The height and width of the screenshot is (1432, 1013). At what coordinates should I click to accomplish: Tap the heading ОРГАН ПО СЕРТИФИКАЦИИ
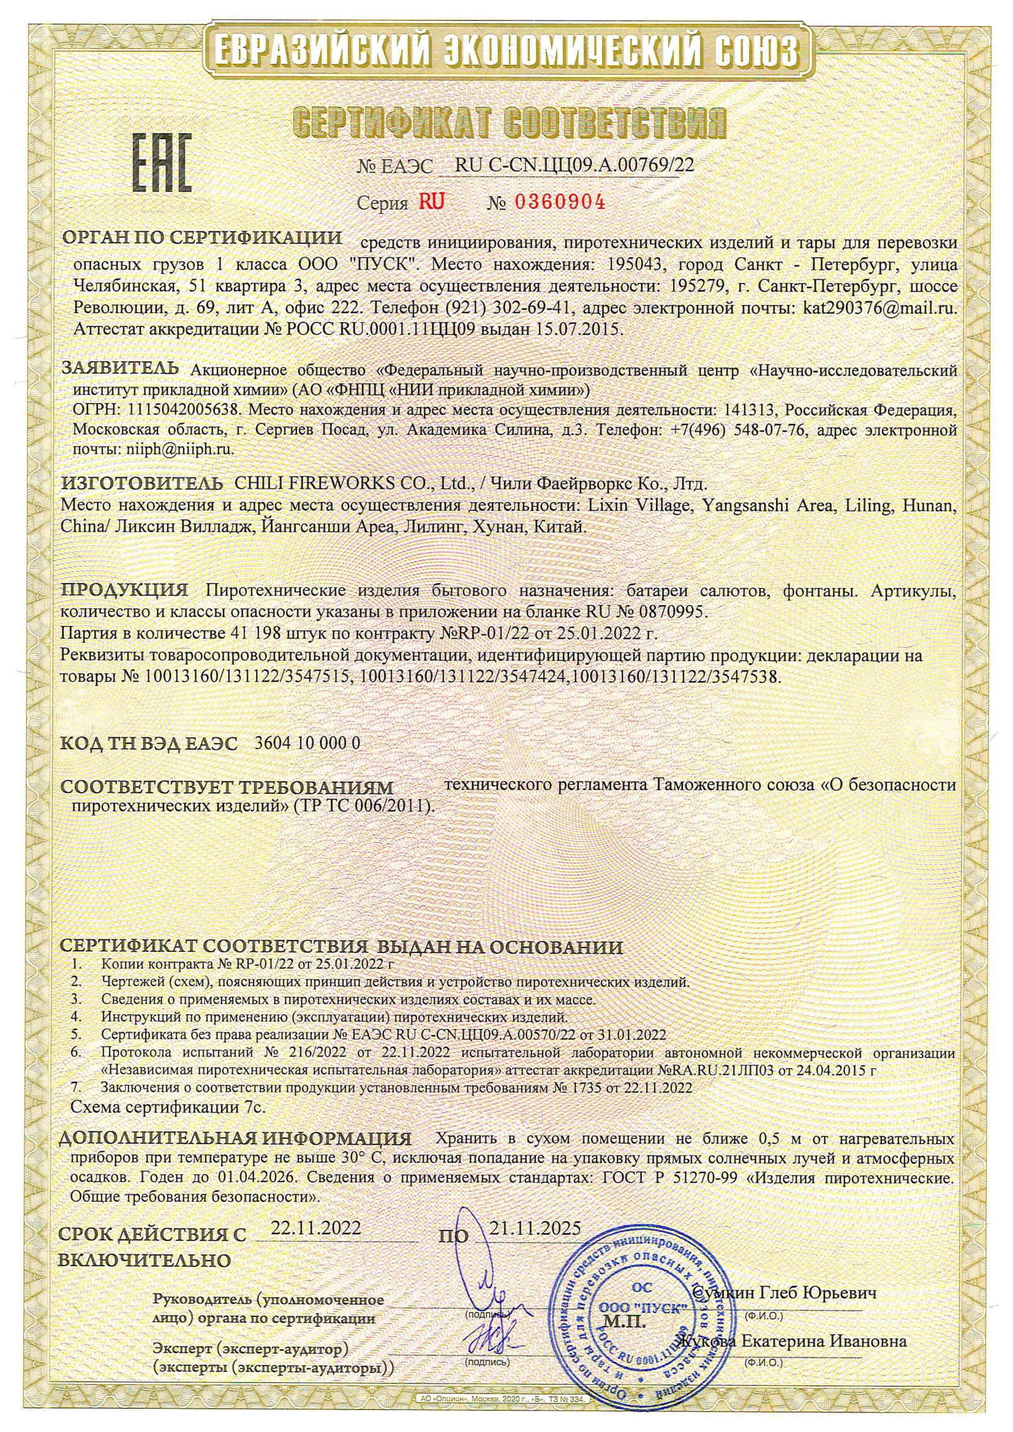tap(203, 238)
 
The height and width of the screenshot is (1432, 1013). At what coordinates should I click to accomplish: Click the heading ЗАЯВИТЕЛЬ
tap(121, 369)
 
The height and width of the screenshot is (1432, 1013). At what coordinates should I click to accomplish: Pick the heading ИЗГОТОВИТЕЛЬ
tap(141, 483)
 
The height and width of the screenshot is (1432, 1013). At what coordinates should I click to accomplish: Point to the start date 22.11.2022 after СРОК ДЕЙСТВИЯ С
tap(315, 1227)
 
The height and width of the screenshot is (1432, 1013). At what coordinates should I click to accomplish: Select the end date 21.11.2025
tap(535, 1227)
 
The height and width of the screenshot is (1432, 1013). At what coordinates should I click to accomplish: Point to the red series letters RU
tap(432, 202)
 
